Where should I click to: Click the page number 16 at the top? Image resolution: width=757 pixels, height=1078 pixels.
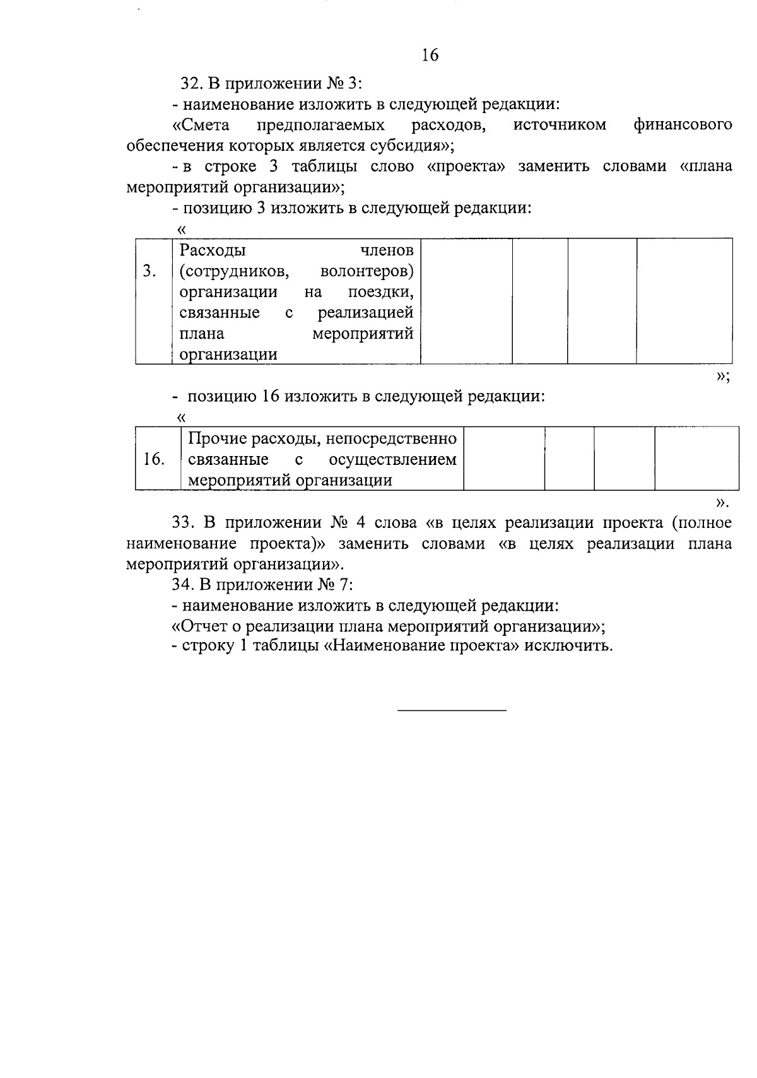[x=430, y=56]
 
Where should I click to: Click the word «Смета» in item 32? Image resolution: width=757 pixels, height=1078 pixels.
[x=201, y=124]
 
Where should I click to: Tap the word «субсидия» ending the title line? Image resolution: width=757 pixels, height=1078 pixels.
[x=404, y=145]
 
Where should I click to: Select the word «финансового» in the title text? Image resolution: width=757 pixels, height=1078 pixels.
[x=683, y=124]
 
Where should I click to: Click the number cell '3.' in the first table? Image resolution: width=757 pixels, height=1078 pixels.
[x=150, y=271]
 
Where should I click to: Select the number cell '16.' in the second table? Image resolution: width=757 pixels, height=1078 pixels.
[x=155, y=459]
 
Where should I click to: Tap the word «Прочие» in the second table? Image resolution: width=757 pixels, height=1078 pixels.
[x=217, y=438]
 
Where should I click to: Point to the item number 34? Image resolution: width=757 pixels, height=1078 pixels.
[x=182, y=585]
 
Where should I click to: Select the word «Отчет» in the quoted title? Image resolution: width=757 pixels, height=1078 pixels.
[x=205, y=626]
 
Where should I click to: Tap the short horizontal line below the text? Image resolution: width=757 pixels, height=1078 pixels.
[x=452, y=711]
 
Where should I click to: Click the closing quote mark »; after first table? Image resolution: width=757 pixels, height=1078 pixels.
[x=723, y=377]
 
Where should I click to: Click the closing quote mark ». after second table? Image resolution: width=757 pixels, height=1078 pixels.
[x=723, y=503]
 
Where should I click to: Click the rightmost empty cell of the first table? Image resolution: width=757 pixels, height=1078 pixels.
[x=684, y=301]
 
